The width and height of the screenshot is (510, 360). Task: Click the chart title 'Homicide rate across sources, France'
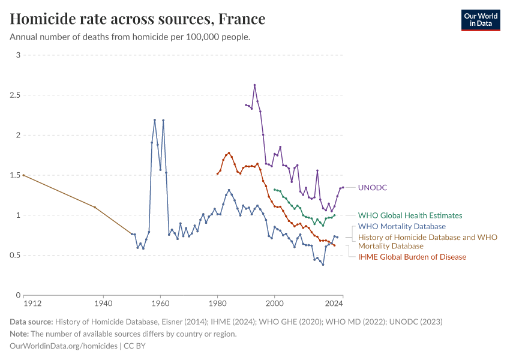point(137,19)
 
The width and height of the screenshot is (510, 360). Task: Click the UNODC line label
point(372,188)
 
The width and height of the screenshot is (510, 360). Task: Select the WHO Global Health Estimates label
point(410,215)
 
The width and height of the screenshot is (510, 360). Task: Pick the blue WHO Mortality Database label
point(401,226)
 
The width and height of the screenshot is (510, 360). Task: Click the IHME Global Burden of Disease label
point(412,257)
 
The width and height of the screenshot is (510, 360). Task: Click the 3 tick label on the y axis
point(18,55)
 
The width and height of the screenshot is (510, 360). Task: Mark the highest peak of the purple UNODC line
point(254,85)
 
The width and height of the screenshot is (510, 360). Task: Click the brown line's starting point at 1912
point(23,175)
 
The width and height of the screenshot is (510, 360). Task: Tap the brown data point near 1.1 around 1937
point(95,207)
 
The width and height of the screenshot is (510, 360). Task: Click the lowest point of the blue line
point(323,265)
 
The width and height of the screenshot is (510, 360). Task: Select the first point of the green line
point(274,190)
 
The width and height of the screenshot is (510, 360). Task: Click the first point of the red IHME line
point(217,173)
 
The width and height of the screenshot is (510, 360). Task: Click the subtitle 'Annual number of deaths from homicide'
point(130,37)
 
